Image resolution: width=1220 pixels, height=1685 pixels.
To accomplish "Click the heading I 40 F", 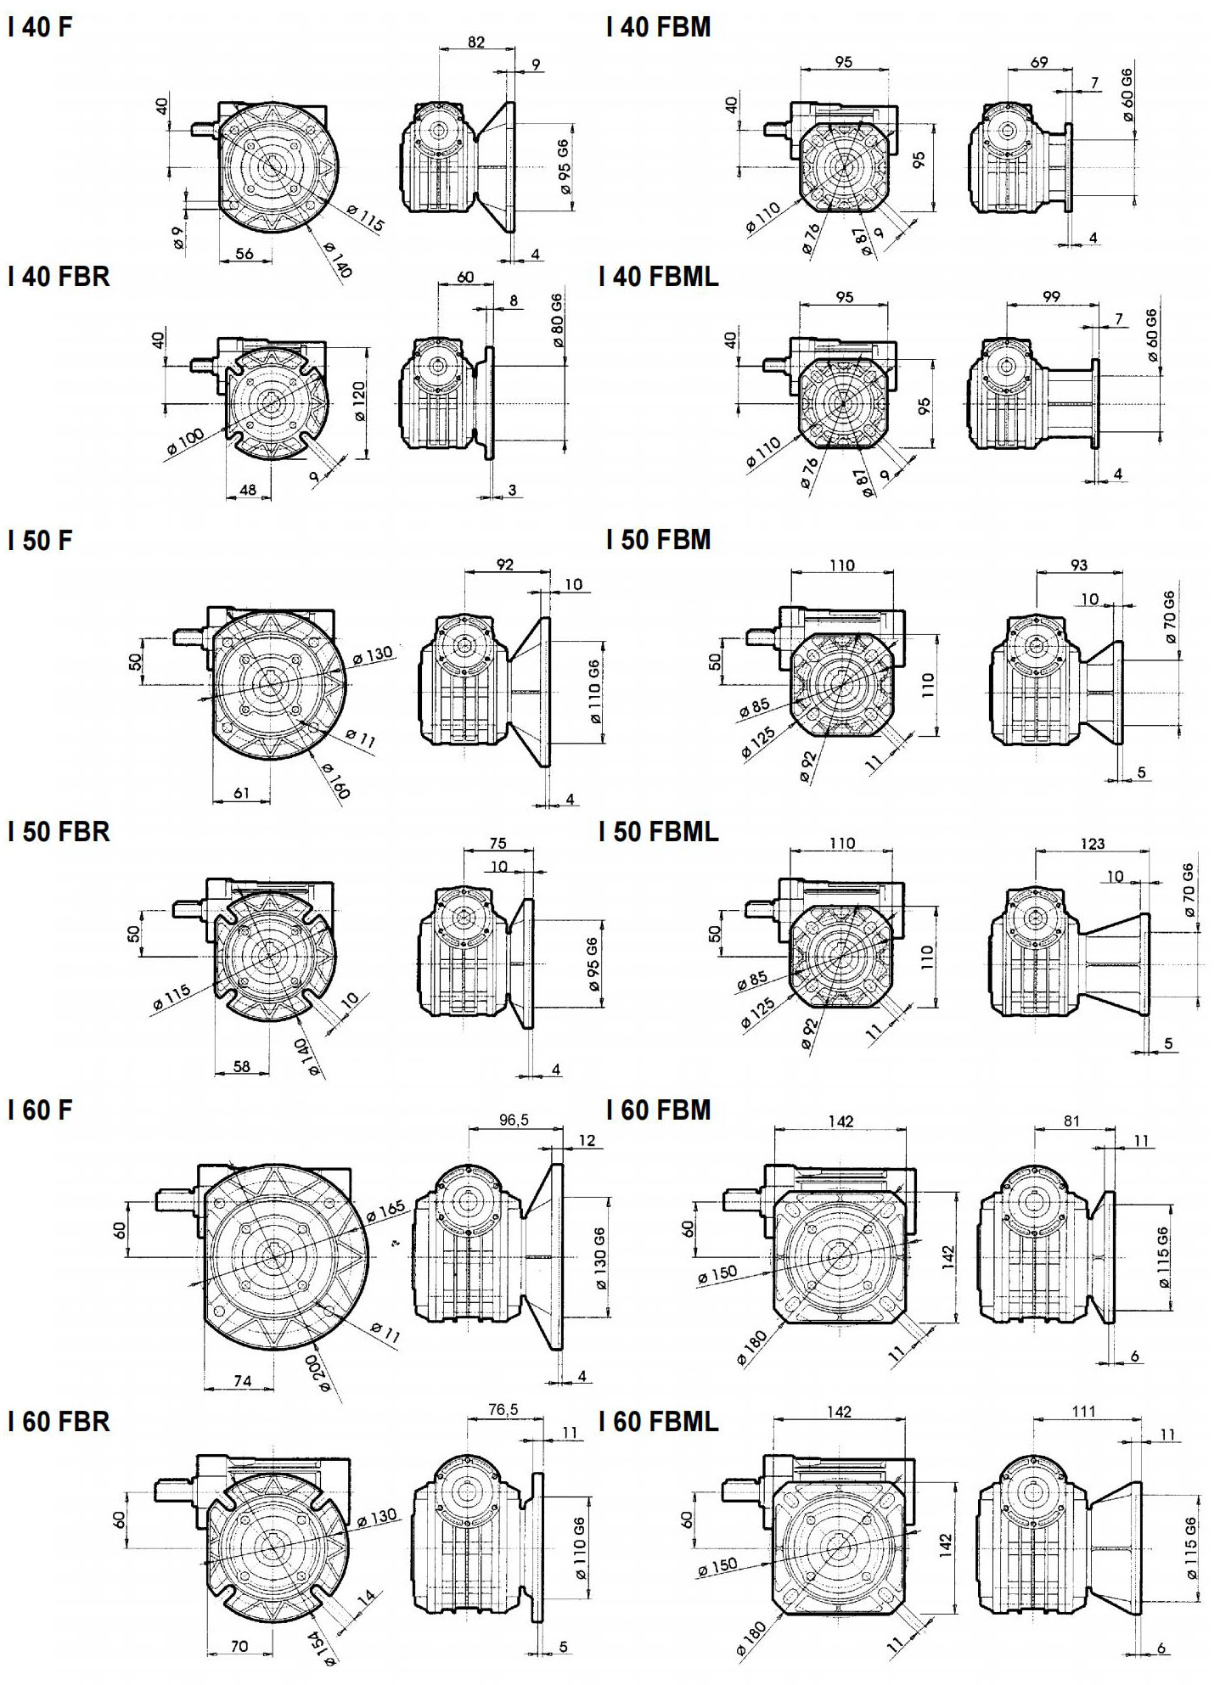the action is (40, 27).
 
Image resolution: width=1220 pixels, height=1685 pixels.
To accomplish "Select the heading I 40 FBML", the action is (658, 276).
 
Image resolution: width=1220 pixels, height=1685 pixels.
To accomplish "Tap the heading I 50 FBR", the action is (59, 831).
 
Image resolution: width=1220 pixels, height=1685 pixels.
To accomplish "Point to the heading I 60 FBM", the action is (658, 1109).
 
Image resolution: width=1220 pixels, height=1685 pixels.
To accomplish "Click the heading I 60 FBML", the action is (658, 1421).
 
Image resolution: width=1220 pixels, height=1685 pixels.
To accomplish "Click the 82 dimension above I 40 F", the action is (476, 42).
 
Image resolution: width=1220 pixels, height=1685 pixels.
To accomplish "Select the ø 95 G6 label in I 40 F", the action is (565, 167).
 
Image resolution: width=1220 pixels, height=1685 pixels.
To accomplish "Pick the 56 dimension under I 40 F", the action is (245, 253).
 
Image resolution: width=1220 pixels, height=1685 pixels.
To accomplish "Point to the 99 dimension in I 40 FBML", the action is (1051, 297).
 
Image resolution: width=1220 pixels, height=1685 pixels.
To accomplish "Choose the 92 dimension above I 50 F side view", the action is (505, 564).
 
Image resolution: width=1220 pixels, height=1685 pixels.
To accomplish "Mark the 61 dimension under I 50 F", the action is (242, 793).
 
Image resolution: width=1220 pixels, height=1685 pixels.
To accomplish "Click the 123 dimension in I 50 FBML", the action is (1093, 843).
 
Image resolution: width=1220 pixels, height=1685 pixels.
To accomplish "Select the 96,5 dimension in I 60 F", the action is (514, 1120).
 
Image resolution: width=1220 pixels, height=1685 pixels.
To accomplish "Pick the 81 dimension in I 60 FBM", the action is (1071, 1121).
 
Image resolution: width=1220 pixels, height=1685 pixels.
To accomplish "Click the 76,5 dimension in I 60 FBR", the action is (503, 1410).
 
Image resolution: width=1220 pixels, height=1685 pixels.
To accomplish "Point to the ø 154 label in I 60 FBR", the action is (322, 1647).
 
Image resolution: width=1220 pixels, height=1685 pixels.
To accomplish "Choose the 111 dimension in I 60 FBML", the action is (1083, 1412).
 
